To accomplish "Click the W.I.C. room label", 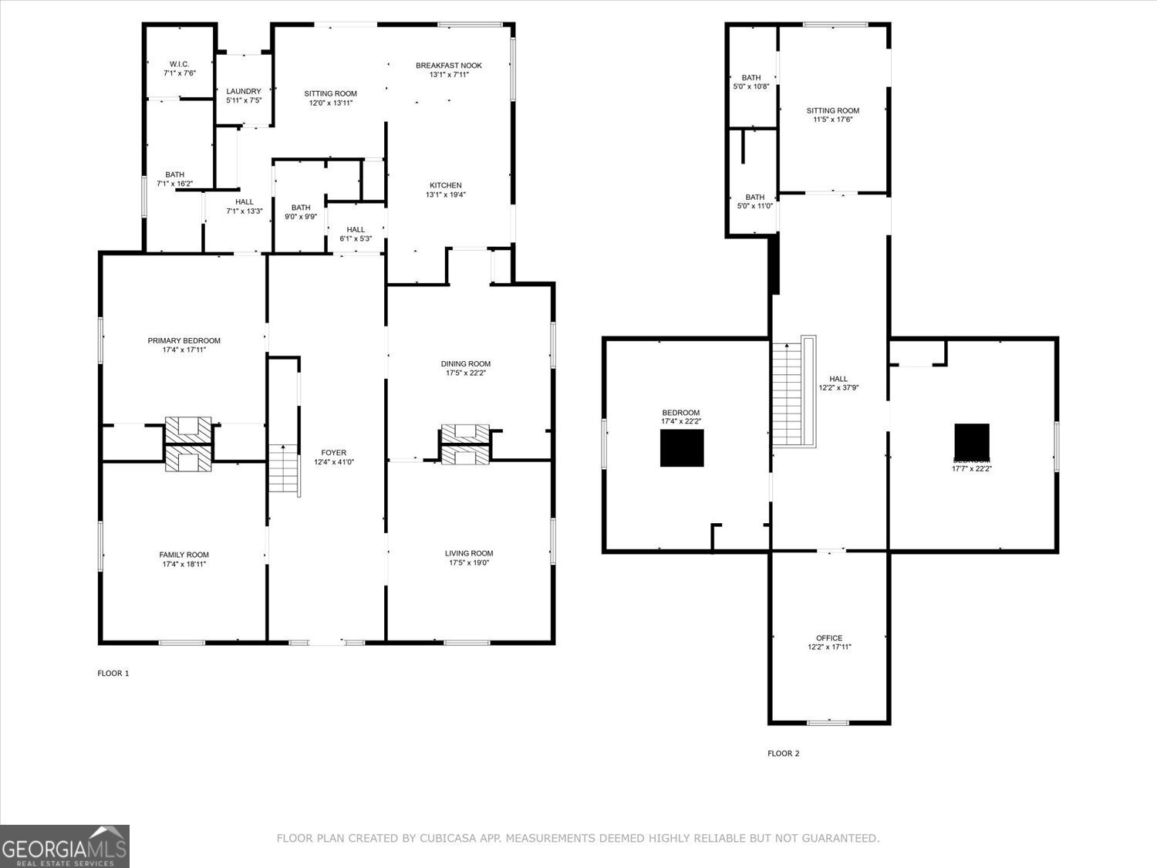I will tap(179, 64).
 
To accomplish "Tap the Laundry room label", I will tap(244, 91).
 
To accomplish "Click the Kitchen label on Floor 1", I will tap(446, 185).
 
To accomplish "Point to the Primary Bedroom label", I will tap(184, 340).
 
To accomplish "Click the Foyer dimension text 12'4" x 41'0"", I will tap(330, 462).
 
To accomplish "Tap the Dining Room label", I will tap(466, 363).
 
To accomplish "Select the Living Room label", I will tap(469, 553).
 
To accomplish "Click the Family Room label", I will tap(184, 555).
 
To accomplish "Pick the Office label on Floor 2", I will tap(829, 638).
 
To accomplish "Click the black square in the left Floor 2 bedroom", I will tap(682, 448).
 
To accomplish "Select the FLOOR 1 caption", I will tap(113, 674).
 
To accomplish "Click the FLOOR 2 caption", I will tap(784, 754).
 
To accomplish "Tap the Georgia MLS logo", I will tap(64, 846).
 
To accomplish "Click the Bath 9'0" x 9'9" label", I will tap(301, 208).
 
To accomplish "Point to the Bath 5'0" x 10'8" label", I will tap(751, 77).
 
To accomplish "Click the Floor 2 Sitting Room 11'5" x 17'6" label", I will tap(833, 110).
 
